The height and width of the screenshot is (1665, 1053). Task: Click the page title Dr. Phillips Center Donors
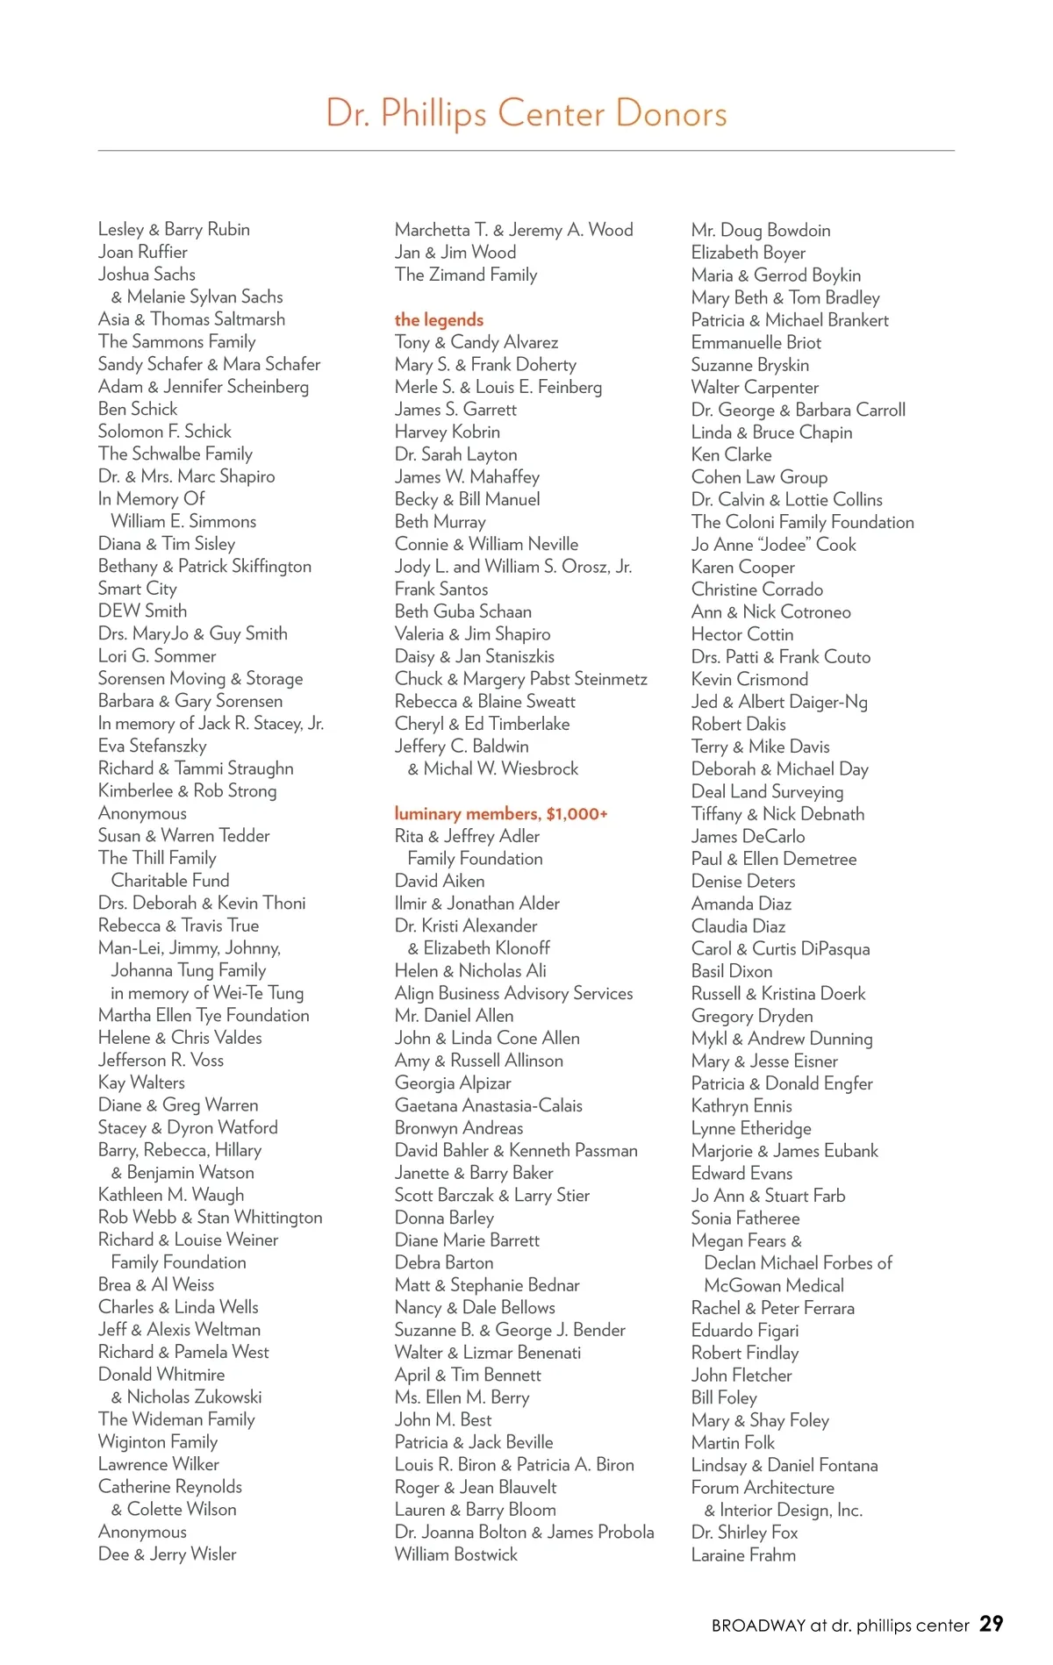coord(526,114)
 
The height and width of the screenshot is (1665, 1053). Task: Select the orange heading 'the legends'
coord(439,320)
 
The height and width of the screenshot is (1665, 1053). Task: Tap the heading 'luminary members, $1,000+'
coord(501,814)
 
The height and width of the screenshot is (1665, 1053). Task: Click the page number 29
coord(992,1624)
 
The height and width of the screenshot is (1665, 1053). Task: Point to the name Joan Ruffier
coord(143,253)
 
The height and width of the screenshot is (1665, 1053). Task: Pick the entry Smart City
coord(138,589)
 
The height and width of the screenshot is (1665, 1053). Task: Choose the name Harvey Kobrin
coord(448,432)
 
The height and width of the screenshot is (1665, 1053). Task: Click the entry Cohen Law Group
coord(759,477)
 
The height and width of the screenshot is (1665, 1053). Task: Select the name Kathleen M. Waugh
coord(171,1195)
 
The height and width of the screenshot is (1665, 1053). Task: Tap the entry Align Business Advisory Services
coord(513,993)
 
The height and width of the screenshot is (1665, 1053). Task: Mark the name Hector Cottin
coord(742,634)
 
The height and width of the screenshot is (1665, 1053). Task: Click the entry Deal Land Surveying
coord(767,791)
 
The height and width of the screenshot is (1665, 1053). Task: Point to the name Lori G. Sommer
coord(157,656)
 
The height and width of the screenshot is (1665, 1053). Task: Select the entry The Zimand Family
coord(466,275)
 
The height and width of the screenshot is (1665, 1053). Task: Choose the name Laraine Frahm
coord(743,1555)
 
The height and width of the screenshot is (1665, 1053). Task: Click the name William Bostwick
coord(456,1554)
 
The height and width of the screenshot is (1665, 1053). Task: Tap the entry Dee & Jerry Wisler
coord(168,1554)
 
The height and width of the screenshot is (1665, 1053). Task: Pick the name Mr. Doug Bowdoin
coord(761,231)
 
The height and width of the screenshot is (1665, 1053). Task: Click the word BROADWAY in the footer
coord(758,1626)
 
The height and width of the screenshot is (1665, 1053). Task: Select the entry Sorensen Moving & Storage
coord(201,679)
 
